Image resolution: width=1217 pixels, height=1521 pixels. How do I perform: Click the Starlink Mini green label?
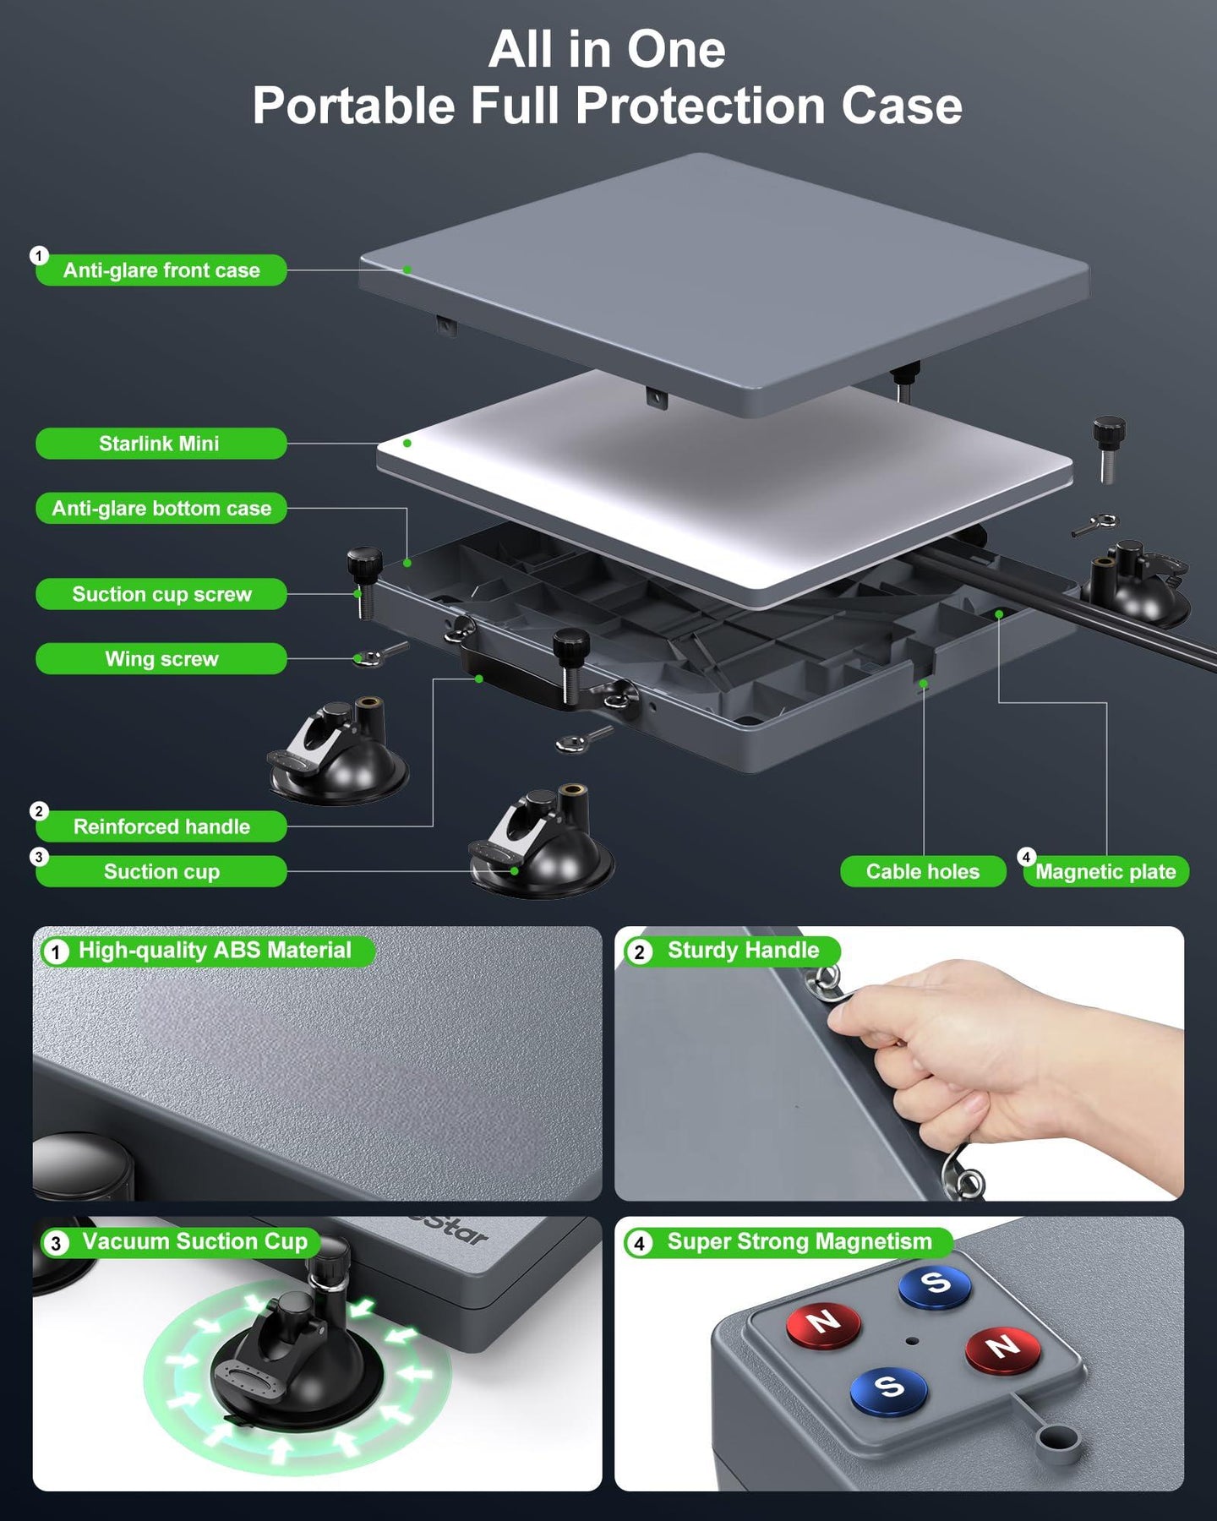(161, 444)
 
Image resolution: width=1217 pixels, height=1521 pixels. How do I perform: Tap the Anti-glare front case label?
(161, 270)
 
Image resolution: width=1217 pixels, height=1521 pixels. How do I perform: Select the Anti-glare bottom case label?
(161, 509)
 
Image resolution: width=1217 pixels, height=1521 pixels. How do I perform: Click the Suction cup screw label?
(161, 595)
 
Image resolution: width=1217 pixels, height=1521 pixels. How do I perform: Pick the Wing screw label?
(161, 659)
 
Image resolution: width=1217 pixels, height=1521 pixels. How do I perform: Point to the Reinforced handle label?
(161, 826)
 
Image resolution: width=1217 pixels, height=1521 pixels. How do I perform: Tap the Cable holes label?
(923, 872)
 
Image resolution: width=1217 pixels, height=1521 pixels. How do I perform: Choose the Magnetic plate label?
(1105, 872)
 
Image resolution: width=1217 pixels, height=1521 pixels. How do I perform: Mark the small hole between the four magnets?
(910, 1340)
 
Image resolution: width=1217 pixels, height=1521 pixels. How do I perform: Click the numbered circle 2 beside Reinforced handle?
(39, 811)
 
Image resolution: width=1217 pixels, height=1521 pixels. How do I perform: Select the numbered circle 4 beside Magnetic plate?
(1026, 857)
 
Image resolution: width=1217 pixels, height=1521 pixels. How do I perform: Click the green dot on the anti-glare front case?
(407, 270)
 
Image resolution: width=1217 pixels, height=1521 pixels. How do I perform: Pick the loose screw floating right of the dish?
(1109, 448)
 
